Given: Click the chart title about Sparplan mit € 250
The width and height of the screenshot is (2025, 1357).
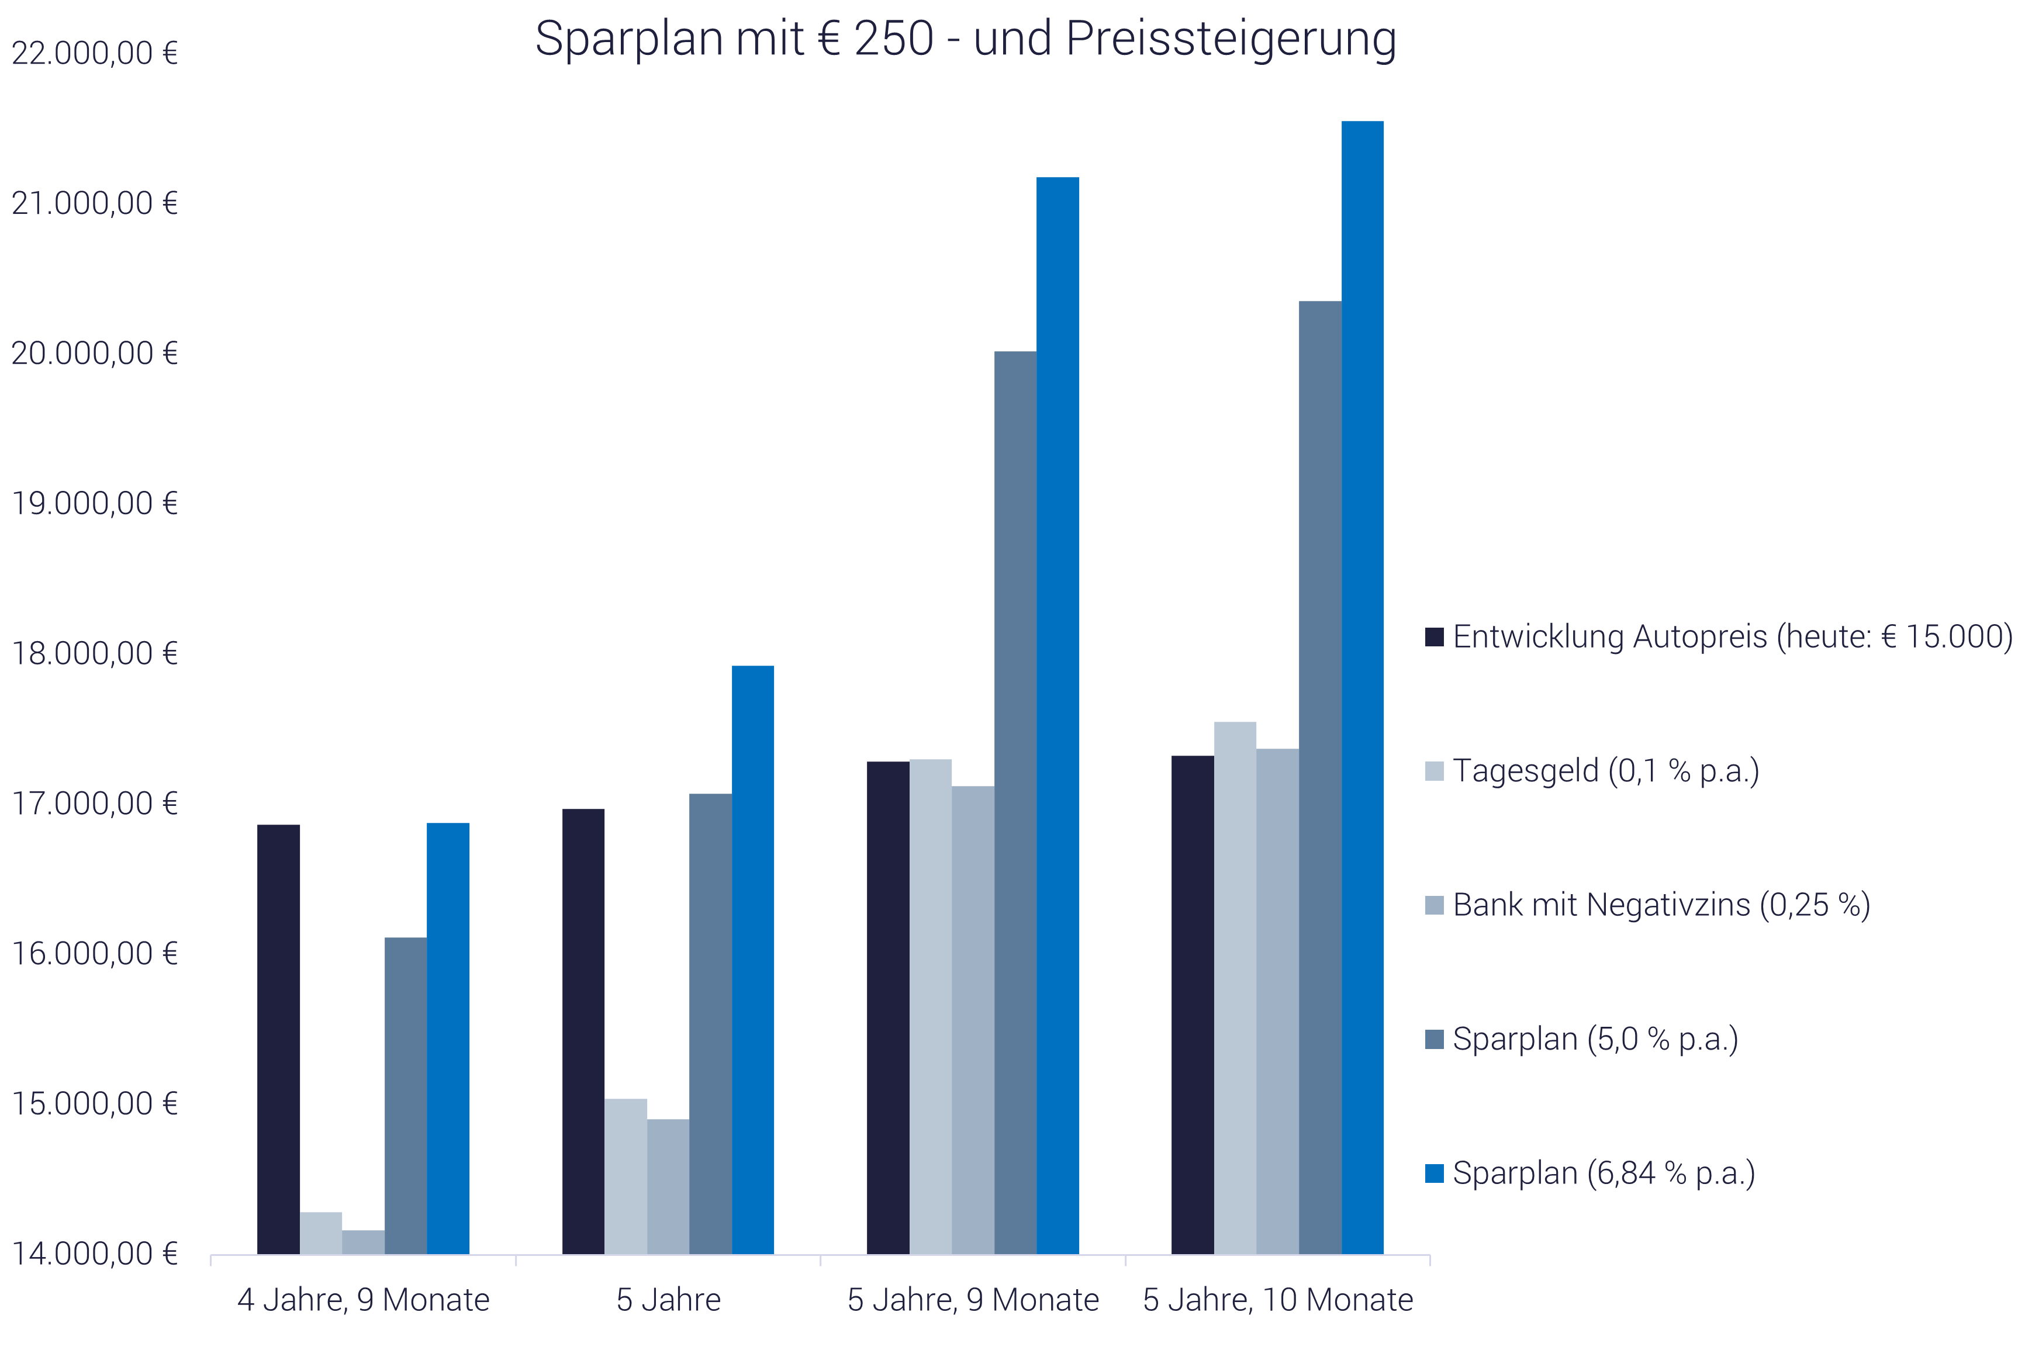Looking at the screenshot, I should coord(965,39).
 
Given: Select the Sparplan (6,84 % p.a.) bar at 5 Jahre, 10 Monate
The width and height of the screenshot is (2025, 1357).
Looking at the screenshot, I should coord(1362,688).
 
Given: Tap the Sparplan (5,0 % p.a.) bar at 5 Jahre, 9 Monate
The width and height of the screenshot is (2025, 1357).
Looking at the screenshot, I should coord(1015,802).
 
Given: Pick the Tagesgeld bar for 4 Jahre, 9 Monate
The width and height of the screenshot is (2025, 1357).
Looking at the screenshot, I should coord(320,1233).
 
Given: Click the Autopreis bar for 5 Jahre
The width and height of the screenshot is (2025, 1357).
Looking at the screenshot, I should coord(583,1031).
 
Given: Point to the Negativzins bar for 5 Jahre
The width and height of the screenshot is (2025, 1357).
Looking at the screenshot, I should coord(668,1186).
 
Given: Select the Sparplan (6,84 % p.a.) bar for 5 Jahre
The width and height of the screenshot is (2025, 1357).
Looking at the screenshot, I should coord(752,960).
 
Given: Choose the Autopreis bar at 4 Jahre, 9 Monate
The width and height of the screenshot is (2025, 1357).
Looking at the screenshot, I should coord(279,1040).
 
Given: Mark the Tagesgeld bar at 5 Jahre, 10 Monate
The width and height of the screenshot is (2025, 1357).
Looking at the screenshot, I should coord(1235,988).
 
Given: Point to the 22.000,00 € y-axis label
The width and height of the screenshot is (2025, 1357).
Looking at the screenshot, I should coord(94,54).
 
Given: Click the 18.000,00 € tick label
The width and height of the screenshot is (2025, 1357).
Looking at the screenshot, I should coord(94,653).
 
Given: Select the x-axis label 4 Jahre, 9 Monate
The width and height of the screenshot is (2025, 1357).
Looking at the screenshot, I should coord(364,1300).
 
